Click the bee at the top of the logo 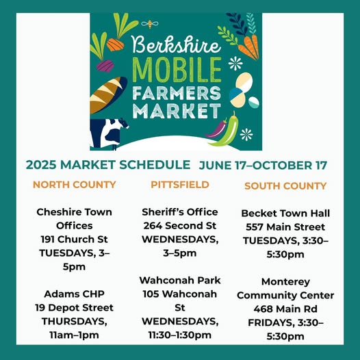click(150, 24)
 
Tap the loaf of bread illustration click(108, 94)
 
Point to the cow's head click(123, 123)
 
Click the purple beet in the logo click(105, 66)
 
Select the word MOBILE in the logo click(177, 70)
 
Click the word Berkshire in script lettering click(177, 44)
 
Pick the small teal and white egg click(254, 103)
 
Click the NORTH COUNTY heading click(74, 185)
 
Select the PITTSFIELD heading click(180, 185)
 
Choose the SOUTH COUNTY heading click(285, 186)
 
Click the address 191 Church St click(74, 240)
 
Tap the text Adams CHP click(74, 294)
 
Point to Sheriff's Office click(180, 212)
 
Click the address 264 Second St click(180, 226)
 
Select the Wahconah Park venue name click(180, 281)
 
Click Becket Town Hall click(285, 214)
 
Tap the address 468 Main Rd click(285, 309)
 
